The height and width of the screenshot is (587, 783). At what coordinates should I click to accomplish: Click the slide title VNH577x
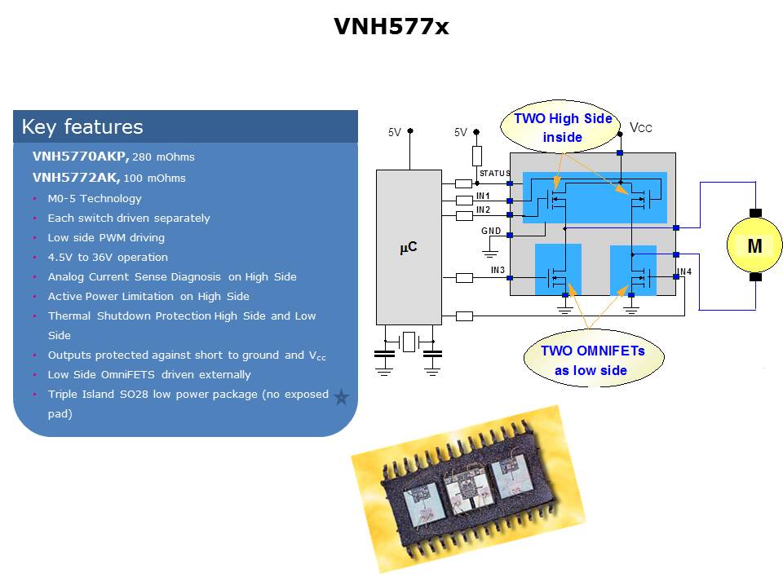click(391, 26)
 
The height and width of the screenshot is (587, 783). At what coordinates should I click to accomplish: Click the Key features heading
click(82, 127)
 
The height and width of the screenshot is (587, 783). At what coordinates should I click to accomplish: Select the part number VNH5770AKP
click(81, 157)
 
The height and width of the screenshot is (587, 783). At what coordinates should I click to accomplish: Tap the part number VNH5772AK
click(76, 177)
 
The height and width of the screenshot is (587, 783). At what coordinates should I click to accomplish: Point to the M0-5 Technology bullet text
click(95, 199)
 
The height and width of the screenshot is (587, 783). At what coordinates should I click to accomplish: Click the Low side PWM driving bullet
click(106, 237)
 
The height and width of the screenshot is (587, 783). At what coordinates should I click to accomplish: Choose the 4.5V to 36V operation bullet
click(108, 257)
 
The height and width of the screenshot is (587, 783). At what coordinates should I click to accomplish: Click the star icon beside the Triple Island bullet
click(342, 397)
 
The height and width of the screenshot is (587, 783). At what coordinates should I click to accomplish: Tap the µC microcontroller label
click(409, 247)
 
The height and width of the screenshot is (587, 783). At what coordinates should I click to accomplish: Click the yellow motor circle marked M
click(754, 245)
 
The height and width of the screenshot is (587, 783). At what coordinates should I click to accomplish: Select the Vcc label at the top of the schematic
click(641, 128)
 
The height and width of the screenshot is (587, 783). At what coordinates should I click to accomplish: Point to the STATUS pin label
click(495, 173)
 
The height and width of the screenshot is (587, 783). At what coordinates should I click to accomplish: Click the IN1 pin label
click(483, 196)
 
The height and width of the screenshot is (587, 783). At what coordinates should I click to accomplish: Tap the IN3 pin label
click(498, 270)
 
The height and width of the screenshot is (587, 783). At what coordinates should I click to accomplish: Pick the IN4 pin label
click(684, 271)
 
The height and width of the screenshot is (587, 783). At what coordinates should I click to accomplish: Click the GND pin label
click(491, 231)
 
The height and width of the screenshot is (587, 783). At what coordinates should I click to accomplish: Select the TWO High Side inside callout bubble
click(561, 127)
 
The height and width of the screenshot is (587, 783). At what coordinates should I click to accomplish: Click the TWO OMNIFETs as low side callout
click(593, 360)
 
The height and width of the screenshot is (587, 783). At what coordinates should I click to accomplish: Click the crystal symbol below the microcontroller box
click(409, 342)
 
